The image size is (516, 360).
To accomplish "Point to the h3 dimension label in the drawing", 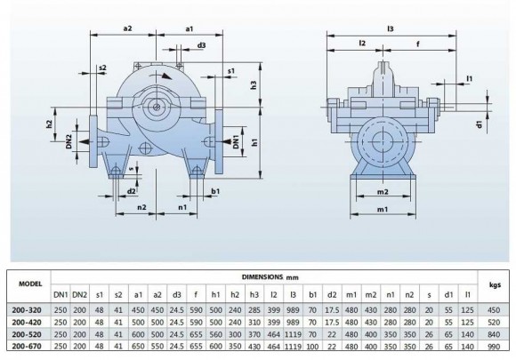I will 254,85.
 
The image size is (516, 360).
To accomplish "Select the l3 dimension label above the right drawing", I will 391,28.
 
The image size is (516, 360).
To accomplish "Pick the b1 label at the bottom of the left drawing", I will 215,190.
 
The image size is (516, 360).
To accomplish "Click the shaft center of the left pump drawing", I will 157,108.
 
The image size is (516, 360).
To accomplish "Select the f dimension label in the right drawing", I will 417,41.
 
